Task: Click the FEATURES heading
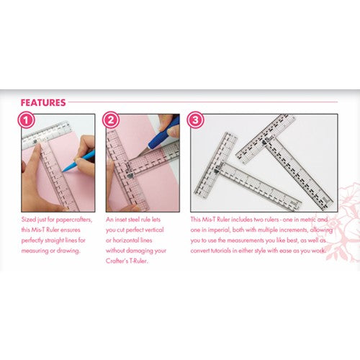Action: click(43, 103)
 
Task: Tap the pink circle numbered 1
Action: click(26, 120)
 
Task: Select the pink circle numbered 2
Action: click(111, 120)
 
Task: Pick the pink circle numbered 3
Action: click(196, 120)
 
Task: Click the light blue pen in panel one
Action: click(78, 161)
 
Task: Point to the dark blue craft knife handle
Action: click(166, 132)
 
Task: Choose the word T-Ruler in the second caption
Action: click(138, 261)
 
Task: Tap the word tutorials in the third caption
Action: click(221, 251)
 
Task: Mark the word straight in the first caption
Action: click(54, 240)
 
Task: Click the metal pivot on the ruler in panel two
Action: click(130, 176)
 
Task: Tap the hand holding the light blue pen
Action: click(84, 153)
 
